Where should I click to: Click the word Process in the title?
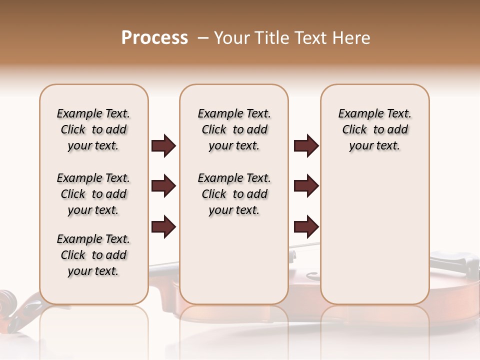[154, 38]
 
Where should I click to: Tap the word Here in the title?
[351, 38]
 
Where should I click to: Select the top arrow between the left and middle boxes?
[163, 146]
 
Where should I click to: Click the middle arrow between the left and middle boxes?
[163, 186]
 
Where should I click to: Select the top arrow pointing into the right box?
[306, 146]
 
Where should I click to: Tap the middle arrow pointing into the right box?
[306, 186]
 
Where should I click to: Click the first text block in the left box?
[93, 129]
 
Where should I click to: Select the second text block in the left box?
[93, 194]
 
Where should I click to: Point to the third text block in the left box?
[93, 255]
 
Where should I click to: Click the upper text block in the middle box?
[234, 129]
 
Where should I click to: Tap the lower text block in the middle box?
[234, 194]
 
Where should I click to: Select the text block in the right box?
[374, 129]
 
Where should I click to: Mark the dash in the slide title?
[202, 38]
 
